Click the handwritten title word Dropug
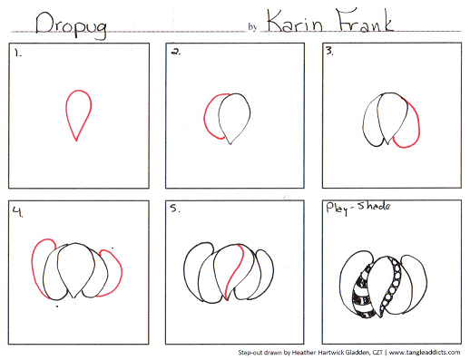pos(71,24)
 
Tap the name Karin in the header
pos(295,21)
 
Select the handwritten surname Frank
pos(365,20)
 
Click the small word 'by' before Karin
pos(252,27)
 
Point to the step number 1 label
pos(18,54)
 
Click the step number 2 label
pos(176,52)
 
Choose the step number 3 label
pos(329,51)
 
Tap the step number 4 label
pos(18,212)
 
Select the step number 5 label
pos(174,209)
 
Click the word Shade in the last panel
pos(374,207)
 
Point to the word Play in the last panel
pos(338,209)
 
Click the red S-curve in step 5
pos(234,271)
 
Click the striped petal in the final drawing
pos(363,292)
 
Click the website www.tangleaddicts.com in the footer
pos(425,352)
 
